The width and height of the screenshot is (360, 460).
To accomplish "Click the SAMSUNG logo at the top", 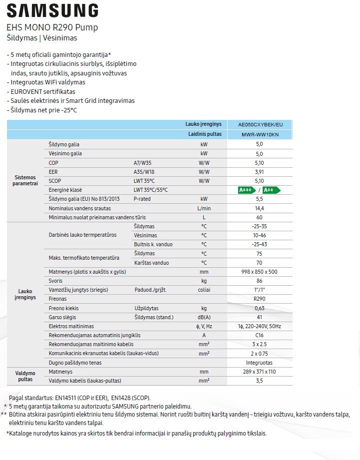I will [52, 10].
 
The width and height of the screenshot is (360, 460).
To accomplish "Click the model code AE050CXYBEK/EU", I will [259, 125].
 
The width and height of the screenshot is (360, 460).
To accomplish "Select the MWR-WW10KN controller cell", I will [259, 135].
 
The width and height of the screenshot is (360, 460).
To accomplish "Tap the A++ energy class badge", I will [271, 190].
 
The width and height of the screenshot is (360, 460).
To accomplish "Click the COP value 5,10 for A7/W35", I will [259, 162].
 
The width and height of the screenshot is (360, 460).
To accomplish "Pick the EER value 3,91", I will [259, 171].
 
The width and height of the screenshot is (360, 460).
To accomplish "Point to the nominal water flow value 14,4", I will [259, 208].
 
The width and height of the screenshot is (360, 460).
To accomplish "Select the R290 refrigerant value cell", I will [259, 299].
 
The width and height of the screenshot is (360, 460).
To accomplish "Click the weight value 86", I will [259, 281].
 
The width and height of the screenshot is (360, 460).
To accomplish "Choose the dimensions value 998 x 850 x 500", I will [259, 272].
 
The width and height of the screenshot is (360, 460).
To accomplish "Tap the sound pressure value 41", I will [259, 317].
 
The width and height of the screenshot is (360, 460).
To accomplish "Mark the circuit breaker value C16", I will [259, 335].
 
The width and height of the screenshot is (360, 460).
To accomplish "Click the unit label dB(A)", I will [204, 317].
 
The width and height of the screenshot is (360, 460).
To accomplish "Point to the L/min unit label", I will [204, 208].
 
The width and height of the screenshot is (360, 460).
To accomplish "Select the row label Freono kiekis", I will [64, 308].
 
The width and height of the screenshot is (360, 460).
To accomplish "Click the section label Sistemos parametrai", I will [25, 180].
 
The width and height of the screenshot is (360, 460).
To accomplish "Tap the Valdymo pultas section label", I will [25, 376].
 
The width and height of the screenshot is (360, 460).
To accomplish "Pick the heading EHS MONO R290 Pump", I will [52, 27].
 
